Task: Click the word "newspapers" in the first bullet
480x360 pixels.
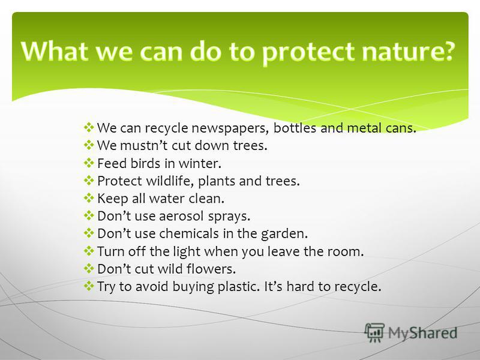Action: click(230, 128)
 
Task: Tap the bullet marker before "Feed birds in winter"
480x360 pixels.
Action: click(89, 163)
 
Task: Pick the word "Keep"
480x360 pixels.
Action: click(112, 199)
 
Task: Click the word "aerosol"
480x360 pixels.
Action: click(181, 216)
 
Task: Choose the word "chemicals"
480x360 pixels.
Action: click(189, 233)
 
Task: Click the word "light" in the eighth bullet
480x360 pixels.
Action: click(187, 252)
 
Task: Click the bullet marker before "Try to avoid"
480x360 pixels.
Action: click(89, 286)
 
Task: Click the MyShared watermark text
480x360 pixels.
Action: click(423, 333)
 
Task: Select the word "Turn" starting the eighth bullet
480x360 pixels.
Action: click(110, 251)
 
